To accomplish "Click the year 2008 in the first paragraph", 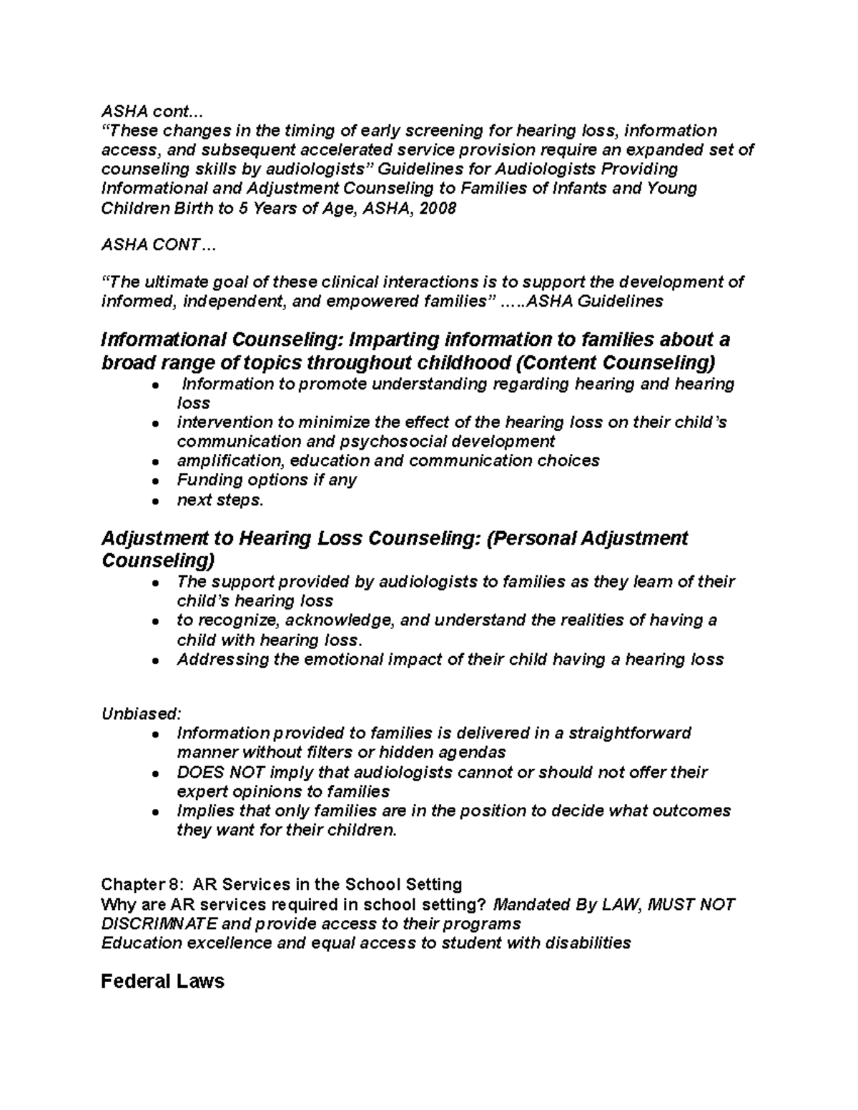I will click(x=437, y=208).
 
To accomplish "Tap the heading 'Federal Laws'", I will click(x=162, y=981).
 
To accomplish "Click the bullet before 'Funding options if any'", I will click(x=154, y=481).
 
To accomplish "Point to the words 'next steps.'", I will click(x=220, y=500).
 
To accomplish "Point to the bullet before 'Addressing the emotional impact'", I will click(x=154, y=661).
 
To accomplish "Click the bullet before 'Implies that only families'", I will click(x=154, y=813).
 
